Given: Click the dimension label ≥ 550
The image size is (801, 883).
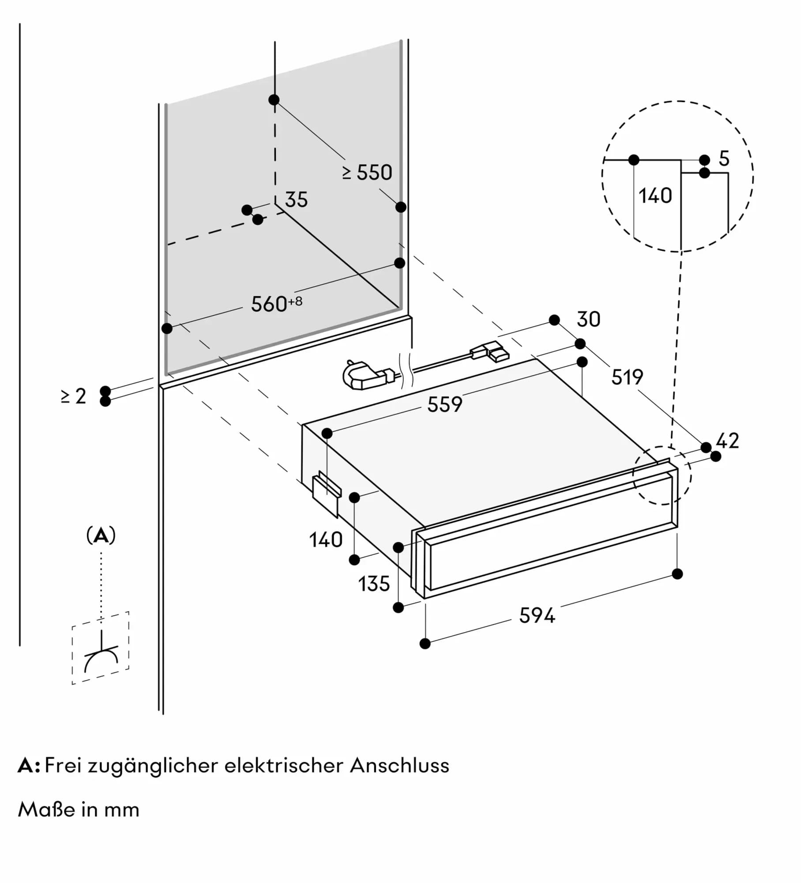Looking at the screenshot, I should point(367,173).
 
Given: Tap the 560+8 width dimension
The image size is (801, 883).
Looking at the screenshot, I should point(276,304).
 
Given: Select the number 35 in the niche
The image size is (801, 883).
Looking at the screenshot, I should point(296,200).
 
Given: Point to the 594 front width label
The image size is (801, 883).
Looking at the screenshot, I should point(537,615).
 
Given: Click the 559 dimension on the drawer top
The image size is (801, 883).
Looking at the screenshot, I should point(444,404).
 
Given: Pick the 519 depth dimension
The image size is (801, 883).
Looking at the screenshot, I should point(627,377).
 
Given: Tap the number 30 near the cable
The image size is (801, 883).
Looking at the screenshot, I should point(588,319).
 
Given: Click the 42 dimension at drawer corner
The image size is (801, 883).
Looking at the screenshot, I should point(727,441).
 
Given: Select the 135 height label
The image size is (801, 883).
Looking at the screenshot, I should point(374,584).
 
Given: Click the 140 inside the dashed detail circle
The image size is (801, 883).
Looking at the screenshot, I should point(655,196).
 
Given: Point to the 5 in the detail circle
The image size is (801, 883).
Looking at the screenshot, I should point(724,158).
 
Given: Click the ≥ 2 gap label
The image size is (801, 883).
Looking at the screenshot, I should point(73,396).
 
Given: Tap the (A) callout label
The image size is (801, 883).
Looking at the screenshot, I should point(101,536).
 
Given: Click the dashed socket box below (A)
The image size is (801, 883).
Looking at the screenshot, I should point(101,648).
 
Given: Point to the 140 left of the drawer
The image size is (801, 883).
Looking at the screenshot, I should point(326,540).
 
